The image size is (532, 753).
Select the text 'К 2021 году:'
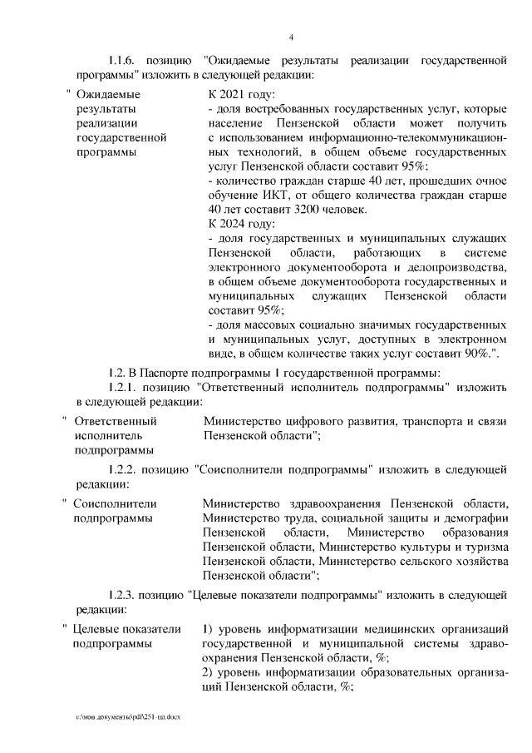(x=235, y=93)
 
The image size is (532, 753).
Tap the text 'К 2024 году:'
(x=235, y=222)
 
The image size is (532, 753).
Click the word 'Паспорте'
(x=178, y=370)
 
